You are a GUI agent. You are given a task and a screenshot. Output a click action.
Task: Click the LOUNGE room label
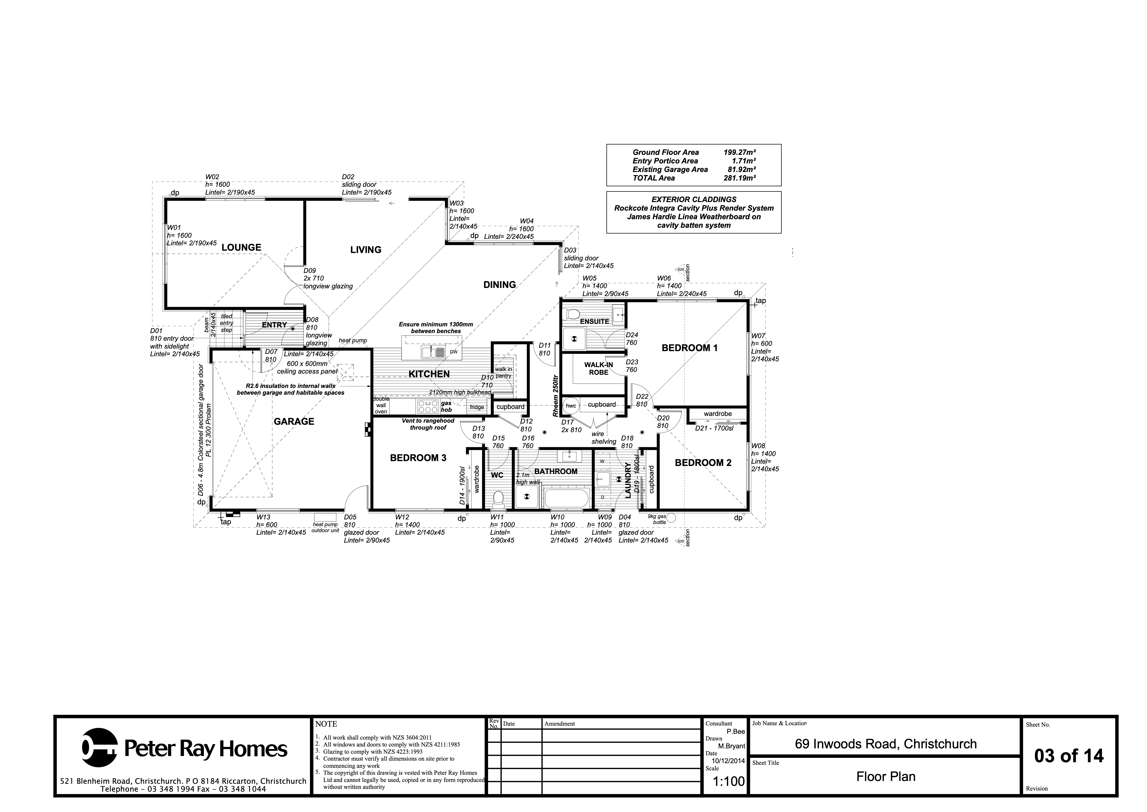(241, 247)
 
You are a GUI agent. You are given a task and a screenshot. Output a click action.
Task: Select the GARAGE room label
(294, 422)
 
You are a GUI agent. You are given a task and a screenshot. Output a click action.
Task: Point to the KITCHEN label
(429, 374)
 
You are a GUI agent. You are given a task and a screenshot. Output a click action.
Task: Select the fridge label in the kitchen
(477, 407)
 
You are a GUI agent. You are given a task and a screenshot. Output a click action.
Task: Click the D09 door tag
(310, 271)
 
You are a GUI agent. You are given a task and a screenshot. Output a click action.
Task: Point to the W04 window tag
(526, 221)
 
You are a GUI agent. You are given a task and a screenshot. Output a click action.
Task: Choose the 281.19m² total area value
(739, 178)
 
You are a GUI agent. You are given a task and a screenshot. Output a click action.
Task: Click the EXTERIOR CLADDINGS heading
(694, 200)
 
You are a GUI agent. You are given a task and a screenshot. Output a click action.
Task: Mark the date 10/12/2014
(728, 761)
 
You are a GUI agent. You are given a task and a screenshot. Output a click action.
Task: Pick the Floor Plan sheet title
(886, 777)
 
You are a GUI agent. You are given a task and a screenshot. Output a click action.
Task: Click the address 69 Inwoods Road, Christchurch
(886, 744)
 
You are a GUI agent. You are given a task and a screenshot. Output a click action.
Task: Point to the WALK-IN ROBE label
(599, 369)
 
